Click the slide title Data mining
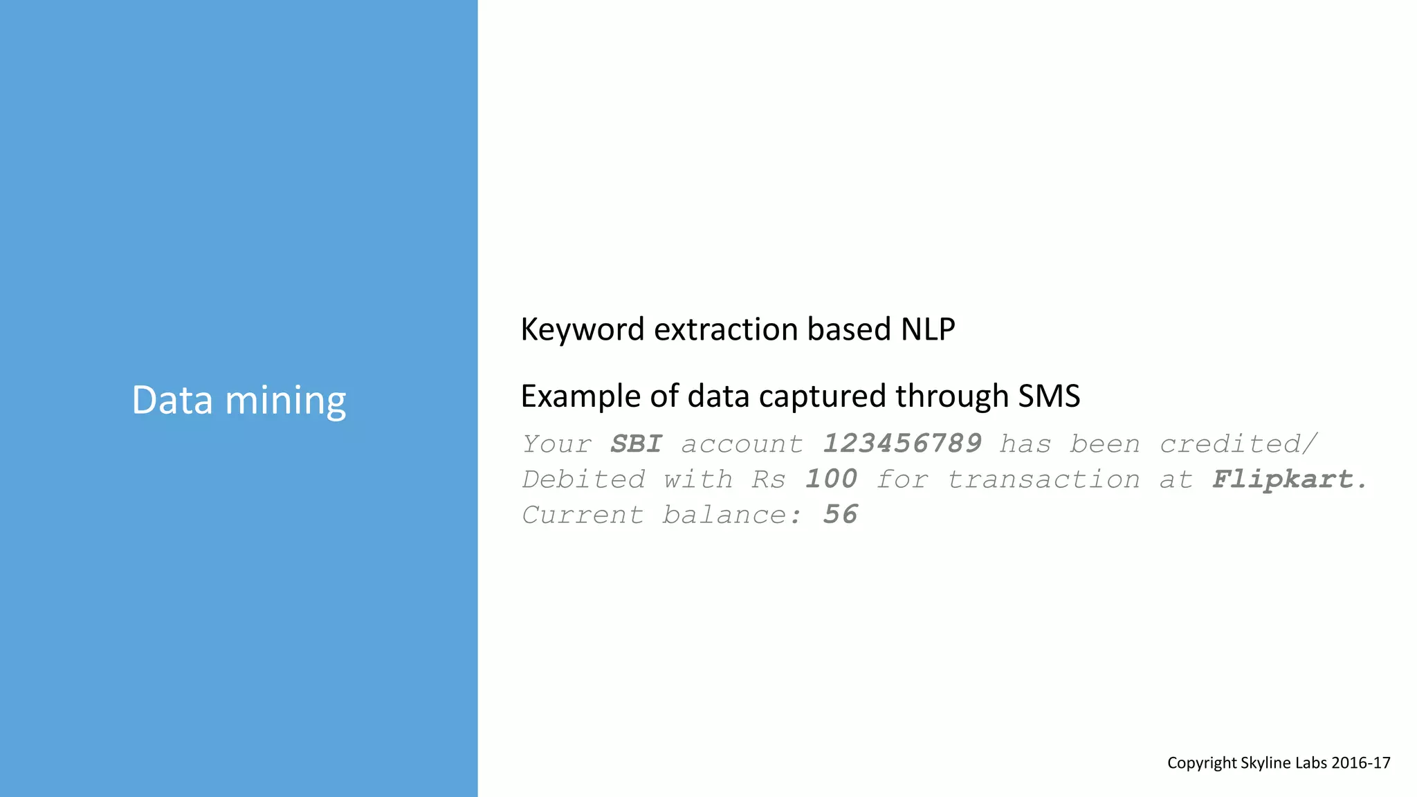tap(239, 401)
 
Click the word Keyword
tap(582, 330)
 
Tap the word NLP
tap(927, 329)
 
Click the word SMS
tap(1048, 396)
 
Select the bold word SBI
tap(636, 444)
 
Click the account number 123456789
tap(902, 444)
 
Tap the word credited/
tap(1238, 444)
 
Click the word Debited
tap(583, 479)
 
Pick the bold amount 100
tap(830, 479)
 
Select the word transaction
tap(1043, 479)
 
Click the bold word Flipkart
tap(1288, 479)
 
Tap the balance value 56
tap(840, 515)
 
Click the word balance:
tap(732, 515)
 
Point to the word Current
tap(583, 515)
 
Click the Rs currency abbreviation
tap(769, 479)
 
